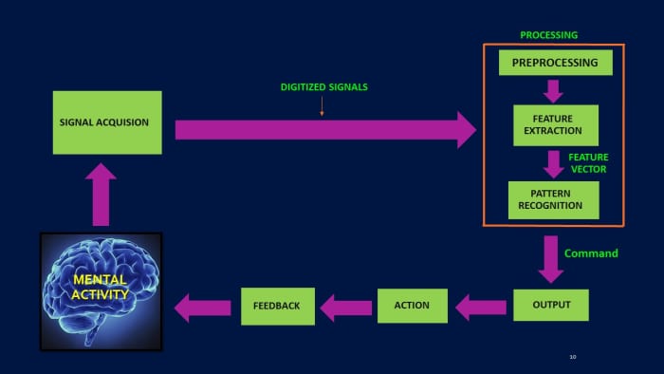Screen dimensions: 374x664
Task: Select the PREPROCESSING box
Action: [555, 63]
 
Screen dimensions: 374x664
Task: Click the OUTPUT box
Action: [550, 305]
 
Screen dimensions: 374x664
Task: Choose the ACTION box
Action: [412, 305]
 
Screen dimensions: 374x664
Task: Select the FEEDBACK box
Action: [276, 306]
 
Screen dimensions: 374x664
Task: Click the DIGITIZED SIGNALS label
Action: [323, 87]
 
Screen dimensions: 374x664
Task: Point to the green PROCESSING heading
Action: [548, 35]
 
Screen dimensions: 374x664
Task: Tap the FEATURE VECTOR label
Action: [588, 162]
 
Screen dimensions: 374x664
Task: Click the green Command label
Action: [591, 253]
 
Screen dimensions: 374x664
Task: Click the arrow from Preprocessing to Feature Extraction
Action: [553, 90]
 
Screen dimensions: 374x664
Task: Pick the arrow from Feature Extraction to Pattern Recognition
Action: [553, 162]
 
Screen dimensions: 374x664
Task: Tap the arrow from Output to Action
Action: [481, 306]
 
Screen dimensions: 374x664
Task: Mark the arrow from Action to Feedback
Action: [345, 307]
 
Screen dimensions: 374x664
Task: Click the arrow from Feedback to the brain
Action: [203, 307]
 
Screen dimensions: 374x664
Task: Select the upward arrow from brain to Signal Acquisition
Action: [100, 195]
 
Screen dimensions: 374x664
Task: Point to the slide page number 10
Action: [573, 357]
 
